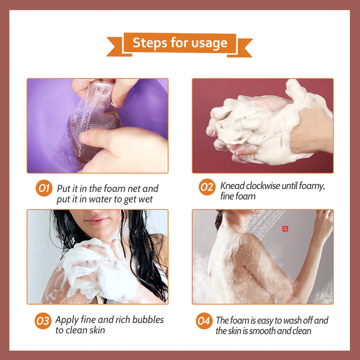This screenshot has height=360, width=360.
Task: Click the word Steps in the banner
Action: click(x=150, y=43)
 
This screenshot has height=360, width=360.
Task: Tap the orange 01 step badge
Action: click(x=44, y=188)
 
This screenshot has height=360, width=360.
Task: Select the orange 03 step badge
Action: click(x=43, y=320)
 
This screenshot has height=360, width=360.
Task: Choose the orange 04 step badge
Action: click(x=204, y=321)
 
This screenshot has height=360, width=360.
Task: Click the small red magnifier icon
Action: click(x=285, y=229)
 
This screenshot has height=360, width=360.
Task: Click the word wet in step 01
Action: click(x=144, y=199)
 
